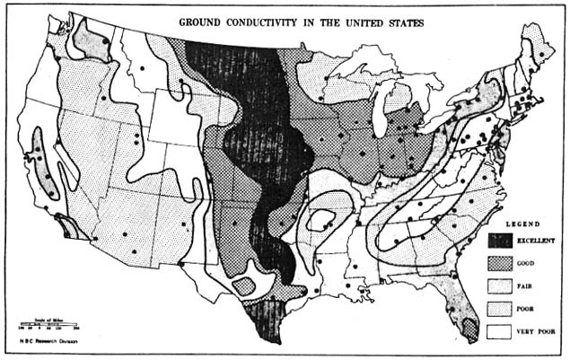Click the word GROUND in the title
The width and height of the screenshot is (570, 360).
click(203, 21)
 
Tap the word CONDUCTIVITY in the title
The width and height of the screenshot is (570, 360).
click(269, 21)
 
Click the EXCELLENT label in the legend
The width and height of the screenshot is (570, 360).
click(538, 241)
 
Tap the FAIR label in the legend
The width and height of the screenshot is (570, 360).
click(527, 287)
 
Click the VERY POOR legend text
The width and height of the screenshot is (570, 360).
click(537, 332)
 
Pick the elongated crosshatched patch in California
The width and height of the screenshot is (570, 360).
click(43, 162)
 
